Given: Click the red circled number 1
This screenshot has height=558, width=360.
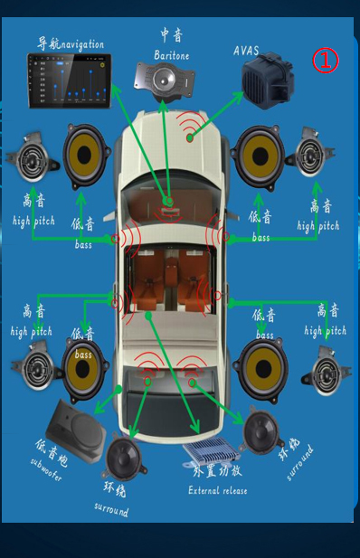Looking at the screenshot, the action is [326, 61].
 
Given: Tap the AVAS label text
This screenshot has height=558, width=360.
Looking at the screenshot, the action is [246, 51].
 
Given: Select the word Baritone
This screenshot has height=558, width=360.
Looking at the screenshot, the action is [172, 55].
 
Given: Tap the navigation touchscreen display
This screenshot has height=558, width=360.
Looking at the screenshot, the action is [70, 80].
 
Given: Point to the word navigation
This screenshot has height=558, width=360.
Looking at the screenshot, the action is [82, 44].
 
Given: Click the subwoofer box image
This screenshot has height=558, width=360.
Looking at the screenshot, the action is [77, 431].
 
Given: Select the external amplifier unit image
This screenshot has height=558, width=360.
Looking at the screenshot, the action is [210, 450].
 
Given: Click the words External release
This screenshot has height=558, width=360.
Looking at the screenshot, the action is [218, 490].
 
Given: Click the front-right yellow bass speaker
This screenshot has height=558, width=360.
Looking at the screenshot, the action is [259, 156].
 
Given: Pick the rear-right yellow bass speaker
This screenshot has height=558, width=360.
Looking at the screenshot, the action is [262, 369].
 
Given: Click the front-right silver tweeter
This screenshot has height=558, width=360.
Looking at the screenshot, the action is [310, 153].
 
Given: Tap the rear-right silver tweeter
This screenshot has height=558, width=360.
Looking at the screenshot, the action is [326, 371].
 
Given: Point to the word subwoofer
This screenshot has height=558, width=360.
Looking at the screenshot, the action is [46, 469].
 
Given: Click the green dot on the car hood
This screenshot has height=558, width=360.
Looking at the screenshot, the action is [190, 137].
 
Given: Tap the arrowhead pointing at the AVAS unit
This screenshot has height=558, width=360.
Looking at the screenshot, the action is [238, 97].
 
